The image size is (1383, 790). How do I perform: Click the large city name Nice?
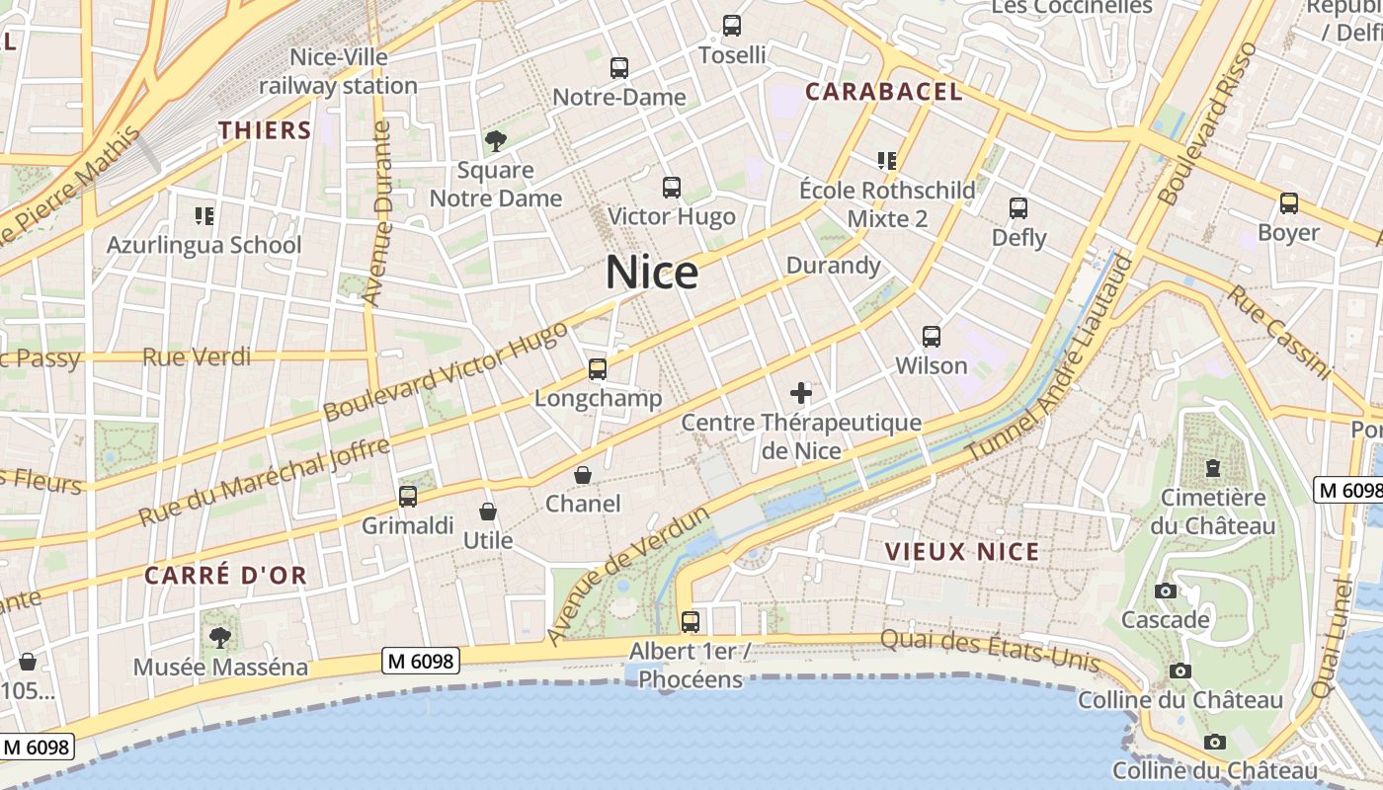[x=652, y=273]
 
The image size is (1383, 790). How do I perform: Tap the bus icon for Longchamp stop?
[x=597, y=369]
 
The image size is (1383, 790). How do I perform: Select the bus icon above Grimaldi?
[x=408, y=497]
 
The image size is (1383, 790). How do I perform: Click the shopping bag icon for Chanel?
[x=583, y=475]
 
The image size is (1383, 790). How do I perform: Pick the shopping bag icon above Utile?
[x=487, y=512]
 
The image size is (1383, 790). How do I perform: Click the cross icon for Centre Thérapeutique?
[x=801, y=394]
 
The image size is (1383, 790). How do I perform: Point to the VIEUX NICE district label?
[x=962, y=552]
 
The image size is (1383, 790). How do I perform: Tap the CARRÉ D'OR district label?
[x=225, y=575]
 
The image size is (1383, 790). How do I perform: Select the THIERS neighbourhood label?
[x=265, y=130]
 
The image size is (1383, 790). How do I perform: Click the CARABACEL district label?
[x=883, y=92]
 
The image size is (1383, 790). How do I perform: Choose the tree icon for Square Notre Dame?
[x=496, y=141]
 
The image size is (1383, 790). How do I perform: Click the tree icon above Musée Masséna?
[x=220, y=637]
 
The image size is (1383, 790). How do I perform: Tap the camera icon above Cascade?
[x=1166, y=592]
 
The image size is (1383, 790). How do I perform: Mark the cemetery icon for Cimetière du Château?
[x=1212, y=468]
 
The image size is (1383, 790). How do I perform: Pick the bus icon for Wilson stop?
[x=931, y=337]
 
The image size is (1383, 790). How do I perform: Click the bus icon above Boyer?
[x=1288, y=203]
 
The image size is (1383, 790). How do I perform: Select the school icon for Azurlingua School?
[x=204, y=215]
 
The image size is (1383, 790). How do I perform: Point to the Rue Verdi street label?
[x=197, y=356]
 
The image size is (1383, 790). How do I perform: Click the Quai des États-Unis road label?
[x=989, y=651]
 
